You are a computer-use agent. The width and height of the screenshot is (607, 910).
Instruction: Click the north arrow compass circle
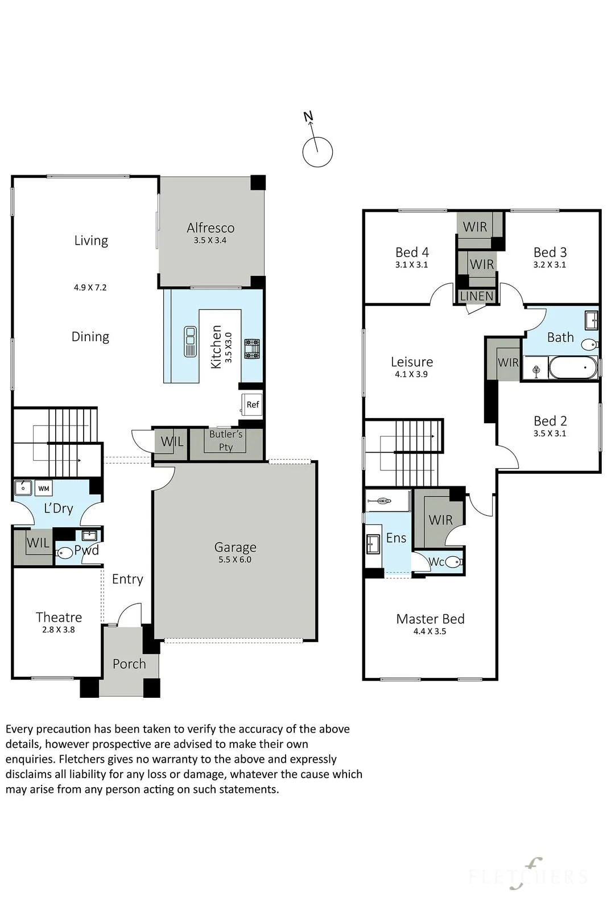[317, 152]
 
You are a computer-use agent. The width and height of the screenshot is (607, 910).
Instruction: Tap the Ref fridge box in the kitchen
[252, 404]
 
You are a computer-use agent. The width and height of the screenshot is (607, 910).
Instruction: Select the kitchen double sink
[190, 342]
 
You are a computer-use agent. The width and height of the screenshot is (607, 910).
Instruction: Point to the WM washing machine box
[43, 489]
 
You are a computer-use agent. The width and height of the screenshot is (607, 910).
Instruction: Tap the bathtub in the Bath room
[573, 367]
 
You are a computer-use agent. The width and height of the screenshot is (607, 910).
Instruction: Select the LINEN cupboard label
[477, 296]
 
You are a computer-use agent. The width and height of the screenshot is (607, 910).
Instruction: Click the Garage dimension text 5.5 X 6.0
[235, 560]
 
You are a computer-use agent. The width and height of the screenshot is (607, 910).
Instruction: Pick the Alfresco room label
[210, 227]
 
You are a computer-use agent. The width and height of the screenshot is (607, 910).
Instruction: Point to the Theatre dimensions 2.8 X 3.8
[59, 630]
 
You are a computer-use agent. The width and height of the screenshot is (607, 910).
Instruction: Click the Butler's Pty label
[225, 440]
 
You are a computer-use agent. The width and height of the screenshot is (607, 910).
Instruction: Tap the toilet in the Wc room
[453, 562]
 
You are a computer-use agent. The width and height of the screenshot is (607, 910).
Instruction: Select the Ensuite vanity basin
[373, 544]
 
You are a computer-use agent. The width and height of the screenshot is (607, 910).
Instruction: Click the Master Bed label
[430, 619]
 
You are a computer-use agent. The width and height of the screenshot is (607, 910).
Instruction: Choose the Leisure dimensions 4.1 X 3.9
[411, 374]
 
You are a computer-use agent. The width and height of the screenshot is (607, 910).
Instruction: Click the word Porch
[129, 664]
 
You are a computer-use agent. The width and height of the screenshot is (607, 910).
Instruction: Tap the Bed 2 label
[550, 420]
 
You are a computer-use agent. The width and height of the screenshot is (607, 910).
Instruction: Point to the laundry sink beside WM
[23, 487]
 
